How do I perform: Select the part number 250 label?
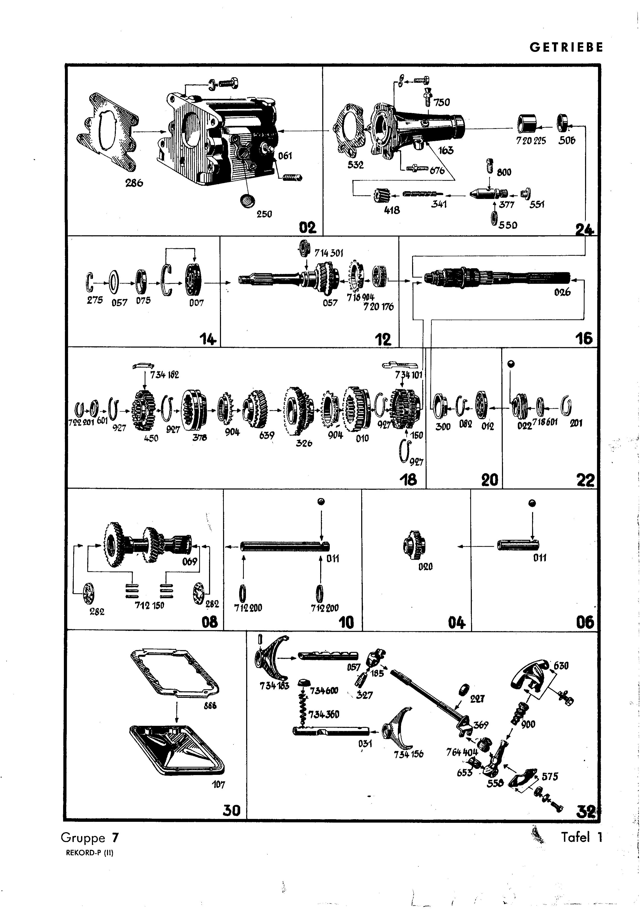click(x=264, y=214)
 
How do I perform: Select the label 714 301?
click(x=328, y=253)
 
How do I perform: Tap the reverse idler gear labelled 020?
click(x=415, y=545)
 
